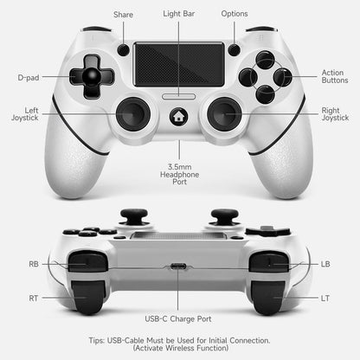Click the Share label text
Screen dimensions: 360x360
click(123, 15)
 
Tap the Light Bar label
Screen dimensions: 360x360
click(179, 15)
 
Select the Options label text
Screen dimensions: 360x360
click(235, 15)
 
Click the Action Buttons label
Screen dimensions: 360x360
click(332, 78)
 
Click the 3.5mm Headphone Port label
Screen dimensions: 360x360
click(179, 177)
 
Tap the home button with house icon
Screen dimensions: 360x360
click(179, 114)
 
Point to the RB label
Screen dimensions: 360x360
click(33, 264)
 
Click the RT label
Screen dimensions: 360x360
click(33, 298)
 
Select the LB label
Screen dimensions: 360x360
click(325, 264)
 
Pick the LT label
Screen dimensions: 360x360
click(325, 298)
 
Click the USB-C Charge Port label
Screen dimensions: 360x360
click(179, 318)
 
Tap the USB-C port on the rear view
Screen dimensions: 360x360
click(179, 267)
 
